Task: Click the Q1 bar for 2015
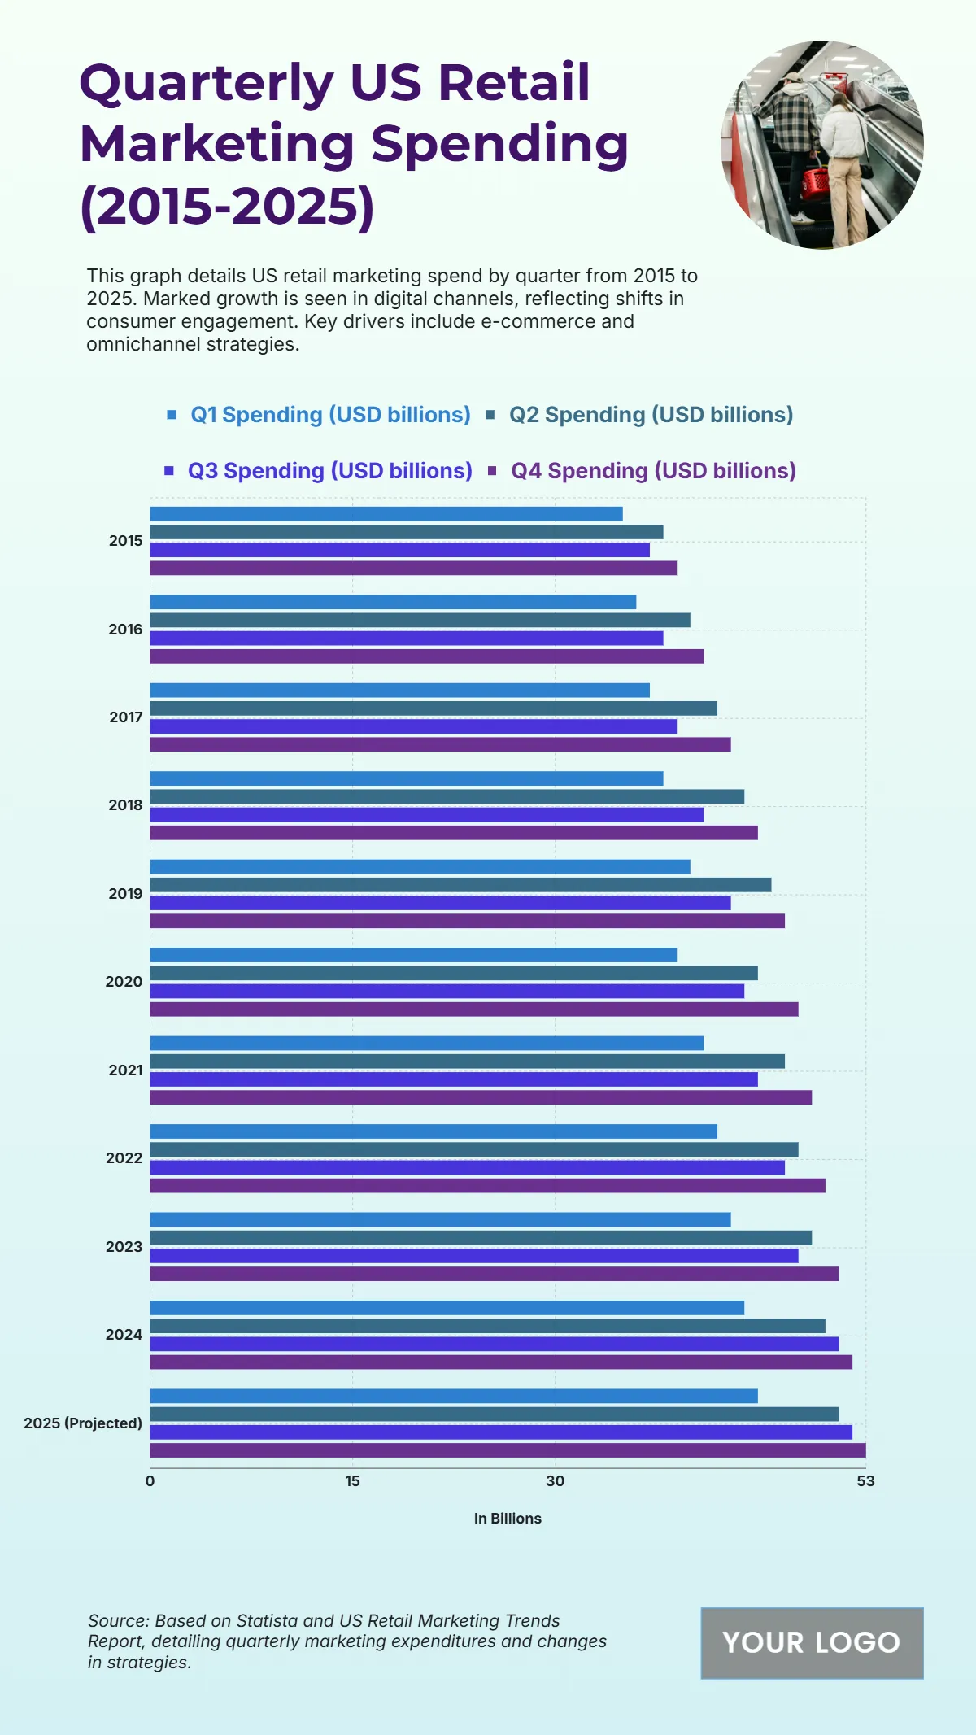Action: point(386,514)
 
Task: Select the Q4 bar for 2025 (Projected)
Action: point(508,1450)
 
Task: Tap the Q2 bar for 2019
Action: point(460,885)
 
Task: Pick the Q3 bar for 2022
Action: point(467,1168)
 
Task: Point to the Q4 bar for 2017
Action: point(440,744)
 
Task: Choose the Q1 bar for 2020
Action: point(413,955)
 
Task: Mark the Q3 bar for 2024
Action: point(494,1345)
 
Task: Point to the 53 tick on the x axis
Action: point(865,1481)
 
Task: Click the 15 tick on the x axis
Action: point(352,1481)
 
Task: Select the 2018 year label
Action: point(125,805)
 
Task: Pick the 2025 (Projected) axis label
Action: point(83,1423)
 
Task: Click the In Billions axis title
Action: point(508,1519)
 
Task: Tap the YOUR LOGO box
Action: point(812,1643)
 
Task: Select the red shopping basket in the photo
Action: point(816,181)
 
